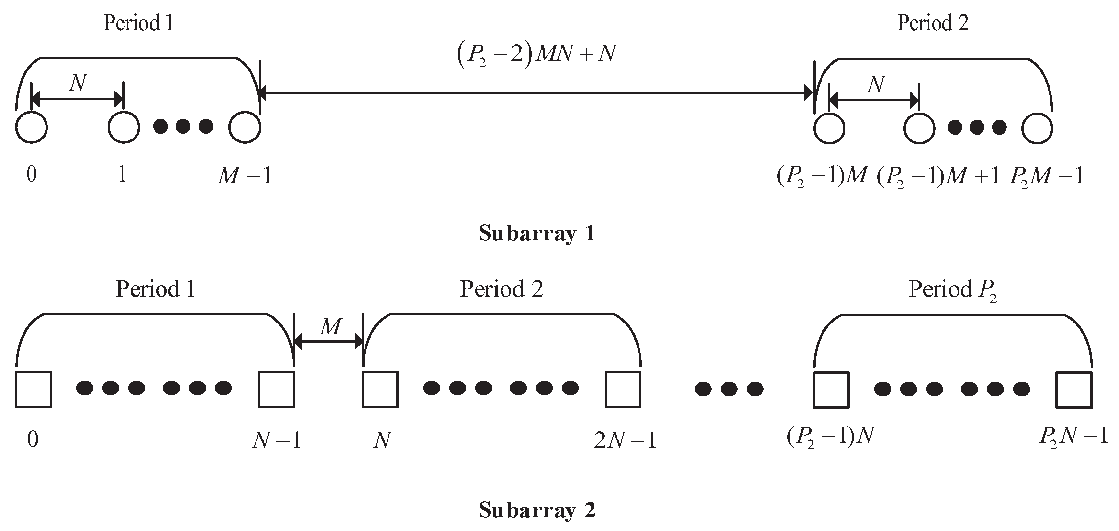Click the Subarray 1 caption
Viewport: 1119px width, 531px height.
(537, 233)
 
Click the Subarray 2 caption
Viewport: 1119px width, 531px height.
(537, 510)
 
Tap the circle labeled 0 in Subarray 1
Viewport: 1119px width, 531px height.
(31, 128)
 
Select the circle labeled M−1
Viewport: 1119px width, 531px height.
(245, 128)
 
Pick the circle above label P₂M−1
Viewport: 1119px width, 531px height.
(1037, 128)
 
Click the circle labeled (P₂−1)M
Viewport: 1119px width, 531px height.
(829, 128)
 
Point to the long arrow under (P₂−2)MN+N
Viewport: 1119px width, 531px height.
(536, 92)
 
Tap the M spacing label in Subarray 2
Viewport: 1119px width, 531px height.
(331, 326)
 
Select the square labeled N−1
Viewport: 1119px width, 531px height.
(276, 390)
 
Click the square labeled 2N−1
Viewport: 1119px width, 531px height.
(623, 390)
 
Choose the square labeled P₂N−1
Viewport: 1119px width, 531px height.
(1073, 390)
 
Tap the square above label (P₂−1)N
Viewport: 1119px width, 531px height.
(831, 390)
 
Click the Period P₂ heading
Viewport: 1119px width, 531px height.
(953, 290)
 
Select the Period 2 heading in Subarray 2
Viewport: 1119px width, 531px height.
(502, 289)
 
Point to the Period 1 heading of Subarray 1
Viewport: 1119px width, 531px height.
(138, 23)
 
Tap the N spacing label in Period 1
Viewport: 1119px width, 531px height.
(78, 84)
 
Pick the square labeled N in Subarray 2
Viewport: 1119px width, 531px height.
(380, 390)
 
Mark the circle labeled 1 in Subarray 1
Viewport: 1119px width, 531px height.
(124, 128)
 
